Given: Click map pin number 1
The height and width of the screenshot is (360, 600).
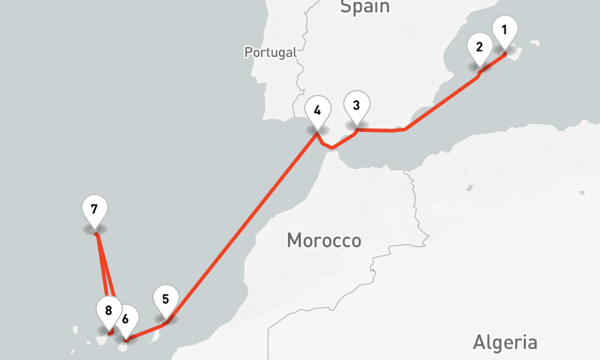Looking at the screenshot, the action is (504, 31).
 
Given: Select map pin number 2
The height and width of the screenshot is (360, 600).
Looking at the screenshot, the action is (479, 48).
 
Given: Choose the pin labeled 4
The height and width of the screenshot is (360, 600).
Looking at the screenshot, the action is (317, 112).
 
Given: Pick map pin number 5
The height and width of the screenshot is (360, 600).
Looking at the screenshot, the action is (166, 299).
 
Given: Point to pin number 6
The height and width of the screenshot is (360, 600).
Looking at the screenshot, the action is (125, 318).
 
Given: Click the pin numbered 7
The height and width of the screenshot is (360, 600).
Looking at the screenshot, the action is (94, 210).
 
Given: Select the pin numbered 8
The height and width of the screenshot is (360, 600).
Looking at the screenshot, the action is (109, 311).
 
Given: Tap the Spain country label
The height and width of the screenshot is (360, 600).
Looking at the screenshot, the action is (364, 7).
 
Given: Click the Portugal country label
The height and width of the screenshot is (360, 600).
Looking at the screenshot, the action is (271, 52).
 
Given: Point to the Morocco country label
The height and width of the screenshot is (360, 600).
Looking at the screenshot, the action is (324, 241).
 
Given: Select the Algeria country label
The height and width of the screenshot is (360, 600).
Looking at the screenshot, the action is (505, 343).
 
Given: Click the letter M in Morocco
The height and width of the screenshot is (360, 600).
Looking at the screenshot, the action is (294, 241).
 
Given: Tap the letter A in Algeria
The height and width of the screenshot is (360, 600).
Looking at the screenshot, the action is (479, 343).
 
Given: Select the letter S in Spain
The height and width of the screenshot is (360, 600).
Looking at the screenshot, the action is (345, 7).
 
